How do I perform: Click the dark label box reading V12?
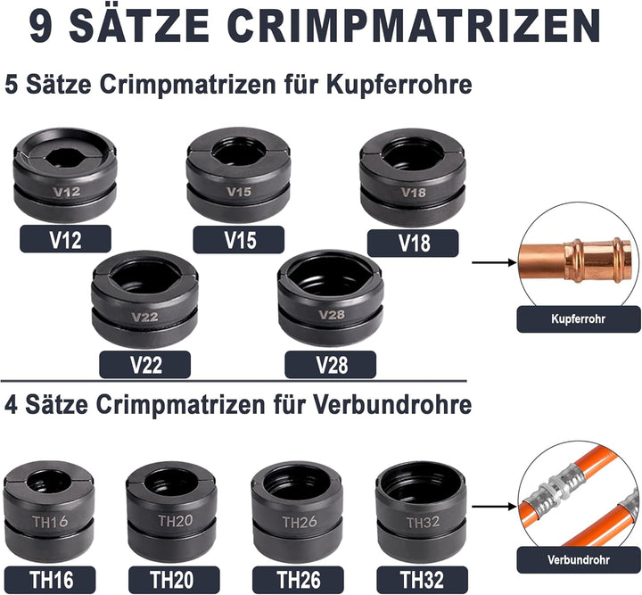click(x=65, y=239)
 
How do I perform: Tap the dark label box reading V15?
click(x=239, y=240)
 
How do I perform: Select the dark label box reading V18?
click(x=413, y=243)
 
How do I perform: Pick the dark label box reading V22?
click(x=145, y=364)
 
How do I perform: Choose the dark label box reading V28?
click(x=331, y=364)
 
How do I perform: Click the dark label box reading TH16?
click(x=50, y=580)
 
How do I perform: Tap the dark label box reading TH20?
click(x=174, y=580)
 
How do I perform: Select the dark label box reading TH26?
click(x=298, y=580)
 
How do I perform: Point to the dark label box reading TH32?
click(x=422, y=580)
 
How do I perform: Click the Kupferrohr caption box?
click(x=579, y=319)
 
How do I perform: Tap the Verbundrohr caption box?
click(x=579, y=559)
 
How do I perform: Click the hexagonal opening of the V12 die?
click(x=65, y=156)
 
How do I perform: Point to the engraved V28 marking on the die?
click(x=332, y=315)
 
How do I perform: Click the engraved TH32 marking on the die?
click(x=423, y=522)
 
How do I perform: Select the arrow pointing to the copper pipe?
click(x=494, y=262)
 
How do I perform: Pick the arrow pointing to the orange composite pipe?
click(x=494, y=507)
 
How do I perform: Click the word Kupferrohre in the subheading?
click(x=399, y=85)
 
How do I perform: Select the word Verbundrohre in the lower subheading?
click(x=392, y=404)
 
